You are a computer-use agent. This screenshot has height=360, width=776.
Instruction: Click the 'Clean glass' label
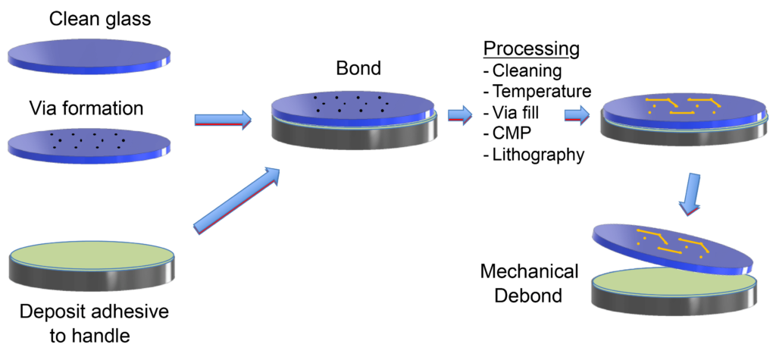90,17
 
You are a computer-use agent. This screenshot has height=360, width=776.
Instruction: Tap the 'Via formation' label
86,108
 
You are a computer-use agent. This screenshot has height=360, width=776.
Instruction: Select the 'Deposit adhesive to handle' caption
89,324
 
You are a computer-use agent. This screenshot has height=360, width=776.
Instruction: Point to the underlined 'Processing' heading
532,49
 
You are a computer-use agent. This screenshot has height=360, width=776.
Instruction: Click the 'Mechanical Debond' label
529,283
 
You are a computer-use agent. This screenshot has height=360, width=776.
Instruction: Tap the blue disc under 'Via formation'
89,142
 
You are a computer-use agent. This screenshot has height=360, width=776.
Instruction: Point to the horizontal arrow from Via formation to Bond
222,119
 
